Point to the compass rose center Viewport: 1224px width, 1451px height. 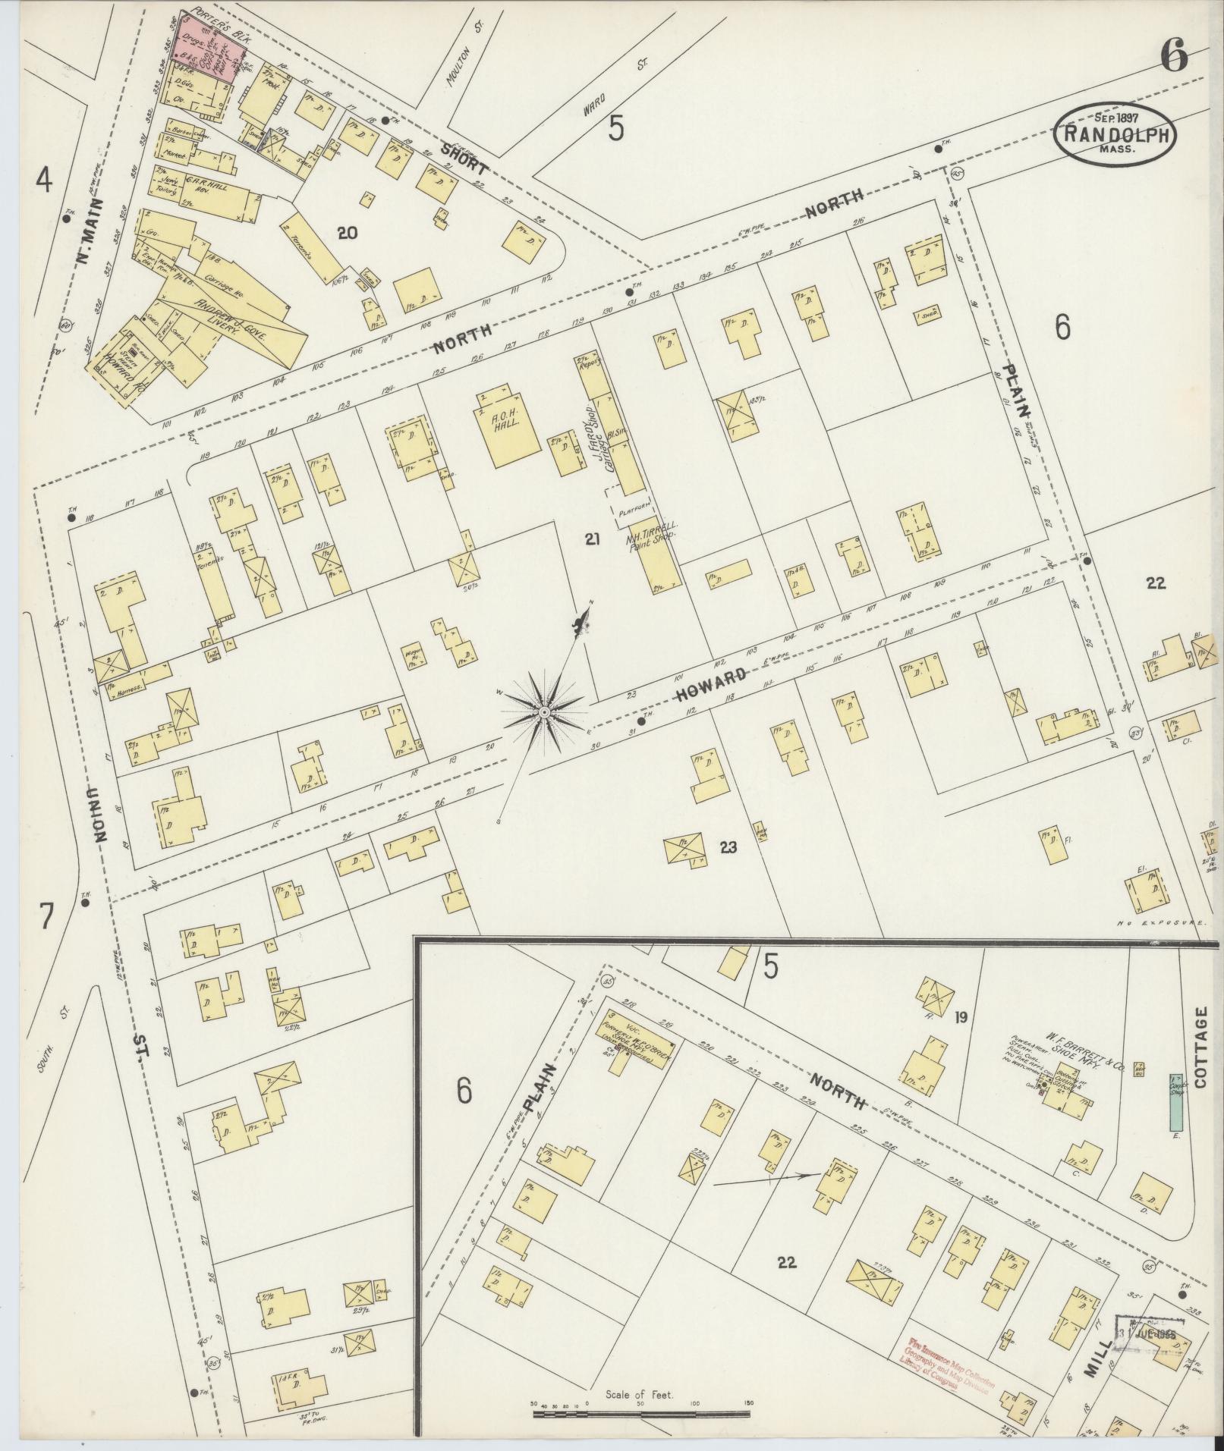(544, 713)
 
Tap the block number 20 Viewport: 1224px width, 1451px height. (347, 234)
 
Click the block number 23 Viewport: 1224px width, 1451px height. (728, 847)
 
